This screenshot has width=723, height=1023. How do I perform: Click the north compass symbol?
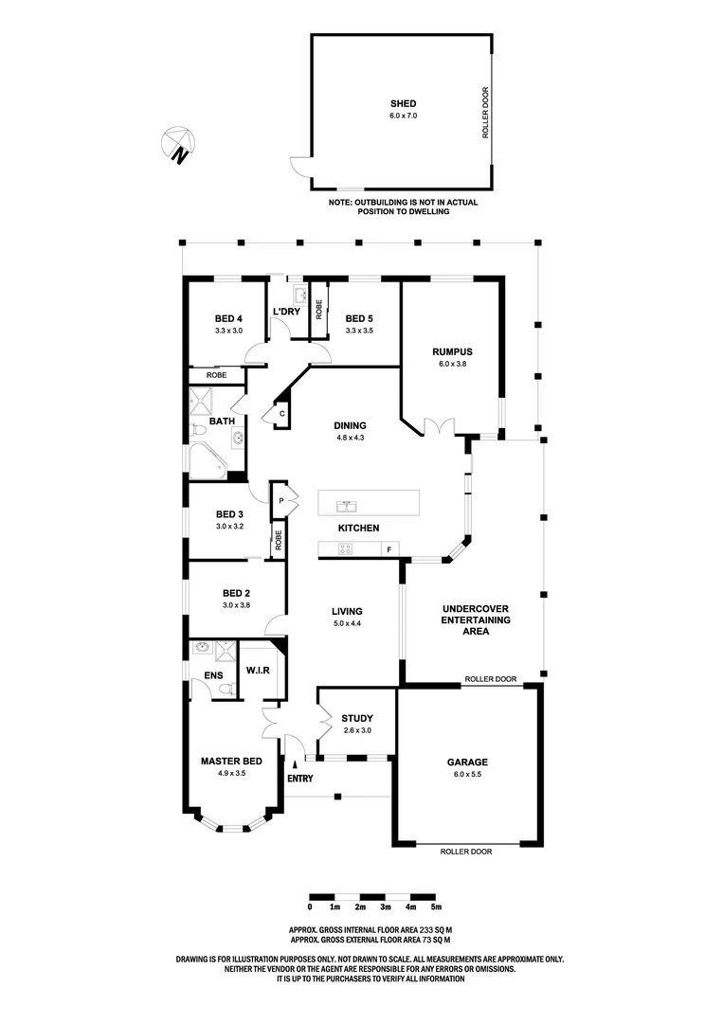[x=178, y=144]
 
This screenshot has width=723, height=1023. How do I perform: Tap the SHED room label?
[x=404, y=103]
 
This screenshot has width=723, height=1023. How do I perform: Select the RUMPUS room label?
[x=452, y=351]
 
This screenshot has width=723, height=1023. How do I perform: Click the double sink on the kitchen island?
[x=346, y=506]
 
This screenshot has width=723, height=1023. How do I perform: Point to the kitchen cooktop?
[x=345, y=549]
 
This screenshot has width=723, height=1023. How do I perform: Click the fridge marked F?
[x=389, y=550]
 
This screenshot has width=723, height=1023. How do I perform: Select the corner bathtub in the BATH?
[x=208, y=461]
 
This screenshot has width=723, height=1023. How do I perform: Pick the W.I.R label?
[x=258, y=670]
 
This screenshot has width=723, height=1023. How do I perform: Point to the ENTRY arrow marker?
[x=295, y=764]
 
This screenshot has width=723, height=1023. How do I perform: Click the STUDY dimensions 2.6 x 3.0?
[x=356, y=730]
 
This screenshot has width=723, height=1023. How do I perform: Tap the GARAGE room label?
[x=467, y=762]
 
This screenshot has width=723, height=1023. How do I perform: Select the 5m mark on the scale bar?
[x=437, y=906]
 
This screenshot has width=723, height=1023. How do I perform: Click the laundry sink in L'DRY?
[x=300, y=296]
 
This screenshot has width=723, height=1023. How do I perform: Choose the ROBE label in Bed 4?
[x=217, y=375]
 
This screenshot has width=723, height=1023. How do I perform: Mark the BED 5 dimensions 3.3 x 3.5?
[x=359, y=331]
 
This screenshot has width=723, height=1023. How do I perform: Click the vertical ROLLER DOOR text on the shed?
[x=485, y=113]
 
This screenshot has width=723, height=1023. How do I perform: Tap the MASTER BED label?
[x=231, y=761]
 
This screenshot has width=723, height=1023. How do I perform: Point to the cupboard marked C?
[x=281, y=414]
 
